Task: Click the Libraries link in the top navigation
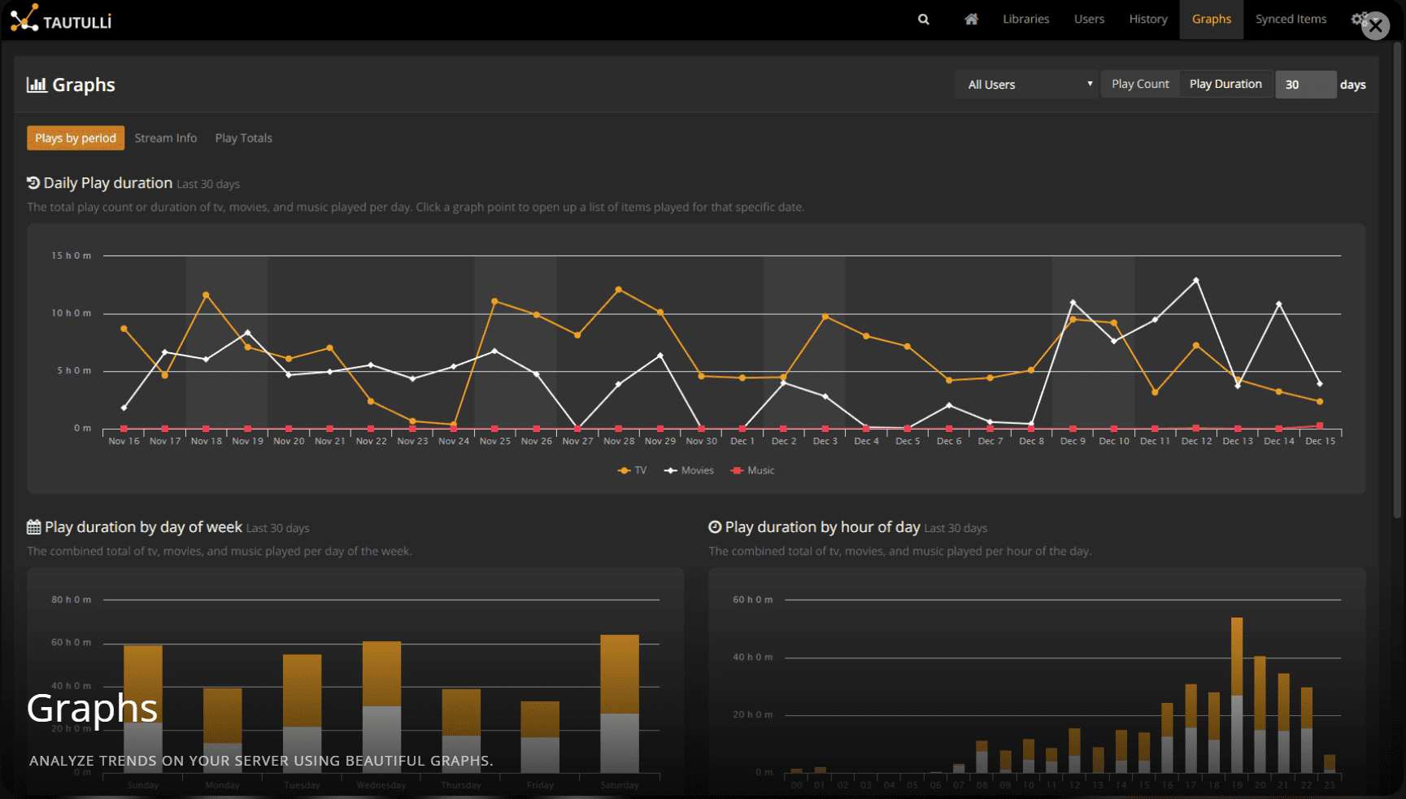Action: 1025,19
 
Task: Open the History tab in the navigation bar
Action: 1147,19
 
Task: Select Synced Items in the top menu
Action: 1290,19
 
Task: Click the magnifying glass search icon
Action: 923,19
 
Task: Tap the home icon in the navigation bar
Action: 971,19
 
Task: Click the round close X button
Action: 1375,26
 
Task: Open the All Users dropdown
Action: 1028,85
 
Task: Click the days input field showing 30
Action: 1304,85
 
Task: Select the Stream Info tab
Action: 165,138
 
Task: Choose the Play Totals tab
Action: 243,138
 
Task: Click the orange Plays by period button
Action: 76,138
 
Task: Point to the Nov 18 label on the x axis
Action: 206,441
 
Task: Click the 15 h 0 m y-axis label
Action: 72,255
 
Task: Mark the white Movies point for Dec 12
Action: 1195,281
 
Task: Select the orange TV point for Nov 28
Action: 619,290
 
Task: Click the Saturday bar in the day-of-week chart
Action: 620,703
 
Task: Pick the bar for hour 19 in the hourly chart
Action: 1236,695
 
